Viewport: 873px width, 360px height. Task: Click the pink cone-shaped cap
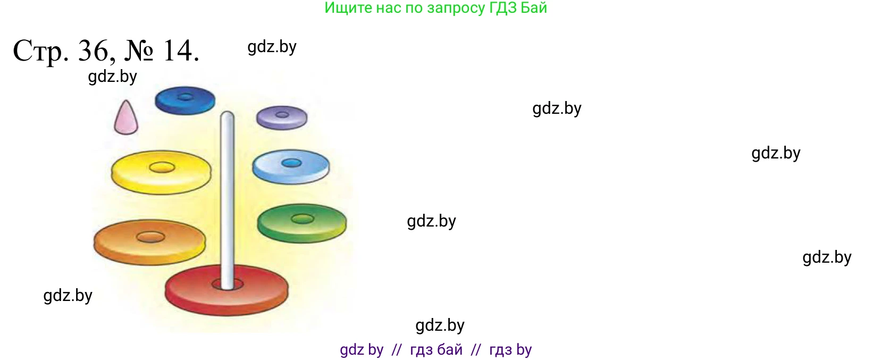click(x=126, y=119)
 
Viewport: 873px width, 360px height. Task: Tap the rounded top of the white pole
click(x=227, y=116)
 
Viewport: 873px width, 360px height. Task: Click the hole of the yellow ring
click(x=162, y=168)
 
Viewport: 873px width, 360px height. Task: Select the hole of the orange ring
click(x=150, y=237)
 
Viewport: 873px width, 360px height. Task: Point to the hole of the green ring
click(x=302, y=219)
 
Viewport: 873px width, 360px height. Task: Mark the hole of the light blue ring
click(x=291, y=163)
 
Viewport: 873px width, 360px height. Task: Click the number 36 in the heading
click(x=94, y=52)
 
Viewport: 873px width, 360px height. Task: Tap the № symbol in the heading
click(x=139, y=52)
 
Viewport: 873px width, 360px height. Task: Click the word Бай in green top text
click(x=534, y=8)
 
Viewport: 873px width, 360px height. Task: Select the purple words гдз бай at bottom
click(x=436, y=350)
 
